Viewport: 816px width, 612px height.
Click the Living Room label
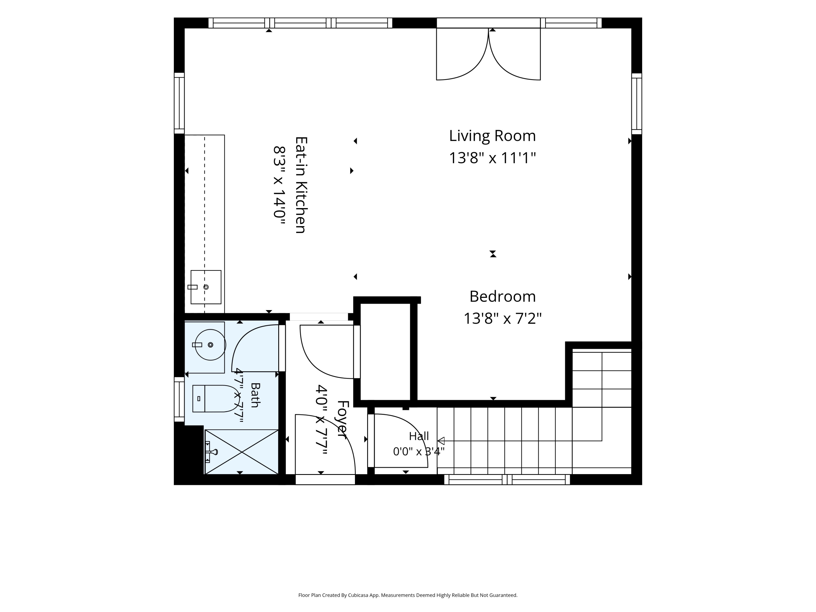tap(492, 136)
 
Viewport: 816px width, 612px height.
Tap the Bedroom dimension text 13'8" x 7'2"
tap(502, 318)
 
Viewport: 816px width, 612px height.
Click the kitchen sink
tap(206, 287)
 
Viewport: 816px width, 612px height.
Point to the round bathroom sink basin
tap(210, 345)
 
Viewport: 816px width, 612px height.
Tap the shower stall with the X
tap(242, 452)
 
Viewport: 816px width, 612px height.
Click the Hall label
tap(419, 436)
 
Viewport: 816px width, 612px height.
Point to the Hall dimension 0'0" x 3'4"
tap(419, 452)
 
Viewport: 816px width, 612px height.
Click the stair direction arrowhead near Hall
tap(441, 441)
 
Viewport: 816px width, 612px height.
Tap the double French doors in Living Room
tap(489, 54)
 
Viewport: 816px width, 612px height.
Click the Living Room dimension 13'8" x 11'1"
tap(492, 158)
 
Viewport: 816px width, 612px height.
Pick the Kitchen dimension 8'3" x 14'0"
tap(280, 186)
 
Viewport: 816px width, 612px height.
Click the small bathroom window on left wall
tap(179, 399)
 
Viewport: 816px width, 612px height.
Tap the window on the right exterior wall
tap(637, 104)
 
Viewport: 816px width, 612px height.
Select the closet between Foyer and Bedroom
tap(385, 351)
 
